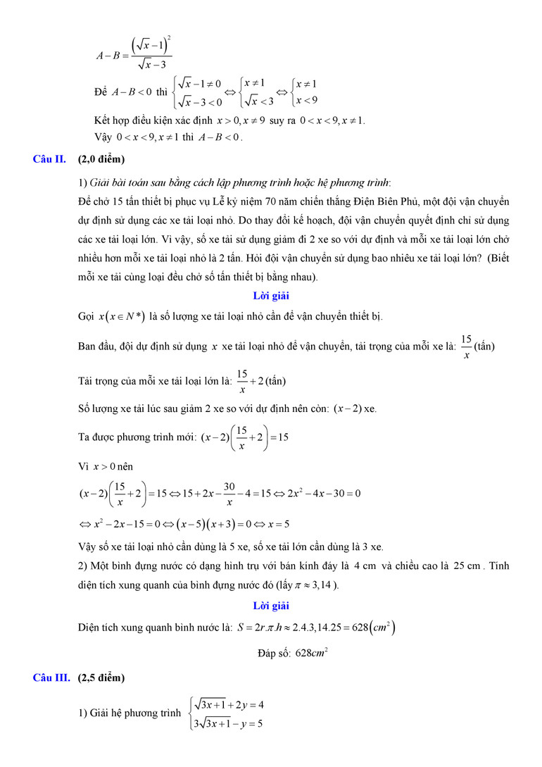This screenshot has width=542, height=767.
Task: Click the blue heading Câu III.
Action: point(51,678)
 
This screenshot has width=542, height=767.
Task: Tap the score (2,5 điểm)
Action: point(101,678)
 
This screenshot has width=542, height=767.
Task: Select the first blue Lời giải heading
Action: point(271,296)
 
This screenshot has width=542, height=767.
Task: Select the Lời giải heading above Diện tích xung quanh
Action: point(271,606)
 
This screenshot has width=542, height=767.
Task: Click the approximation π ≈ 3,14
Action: point(316,585)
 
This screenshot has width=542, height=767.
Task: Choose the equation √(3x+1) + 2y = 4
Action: point(229,704)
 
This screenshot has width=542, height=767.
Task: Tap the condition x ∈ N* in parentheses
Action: point(125,317)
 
